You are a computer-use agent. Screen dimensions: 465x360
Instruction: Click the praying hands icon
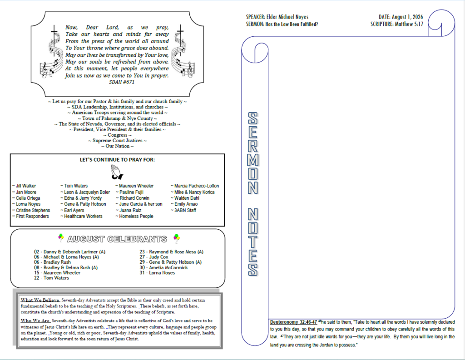pos(117,173)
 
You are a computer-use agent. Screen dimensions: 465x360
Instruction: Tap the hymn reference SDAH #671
pos(122,82)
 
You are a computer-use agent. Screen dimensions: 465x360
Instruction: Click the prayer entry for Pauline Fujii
pos(129,192)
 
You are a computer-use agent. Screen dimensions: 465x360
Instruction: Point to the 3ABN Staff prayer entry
pos(183,210)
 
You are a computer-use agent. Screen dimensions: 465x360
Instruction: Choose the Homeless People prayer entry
pos(134,217)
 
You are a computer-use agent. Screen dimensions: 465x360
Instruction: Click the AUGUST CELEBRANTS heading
pos(117,239)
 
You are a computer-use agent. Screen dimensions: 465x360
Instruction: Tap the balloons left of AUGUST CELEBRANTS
pos(61,237)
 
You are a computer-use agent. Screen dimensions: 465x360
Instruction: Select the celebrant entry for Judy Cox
pos(154,257)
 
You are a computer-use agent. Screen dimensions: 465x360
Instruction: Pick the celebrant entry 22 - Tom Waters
pos(51,278)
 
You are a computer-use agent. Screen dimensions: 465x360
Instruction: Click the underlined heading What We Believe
pos(40,300)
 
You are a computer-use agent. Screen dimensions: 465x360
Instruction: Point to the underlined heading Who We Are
pos(35,321)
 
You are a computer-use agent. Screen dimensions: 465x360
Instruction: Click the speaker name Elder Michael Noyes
pos(287,17)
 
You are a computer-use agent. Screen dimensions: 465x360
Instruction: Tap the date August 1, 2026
pos(407,17)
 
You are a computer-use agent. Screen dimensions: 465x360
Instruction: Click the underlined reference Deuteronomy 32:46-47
pos(294,322)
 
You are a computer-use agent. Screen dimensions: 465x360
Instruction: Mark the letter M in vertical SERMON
pos(253,160)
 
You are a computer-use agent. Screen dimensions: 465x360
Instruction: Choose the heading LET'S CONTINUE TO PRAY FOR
pos(117,160)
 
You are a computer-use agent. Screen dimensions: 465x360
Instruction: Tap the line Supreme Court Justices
pos(118,141)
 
